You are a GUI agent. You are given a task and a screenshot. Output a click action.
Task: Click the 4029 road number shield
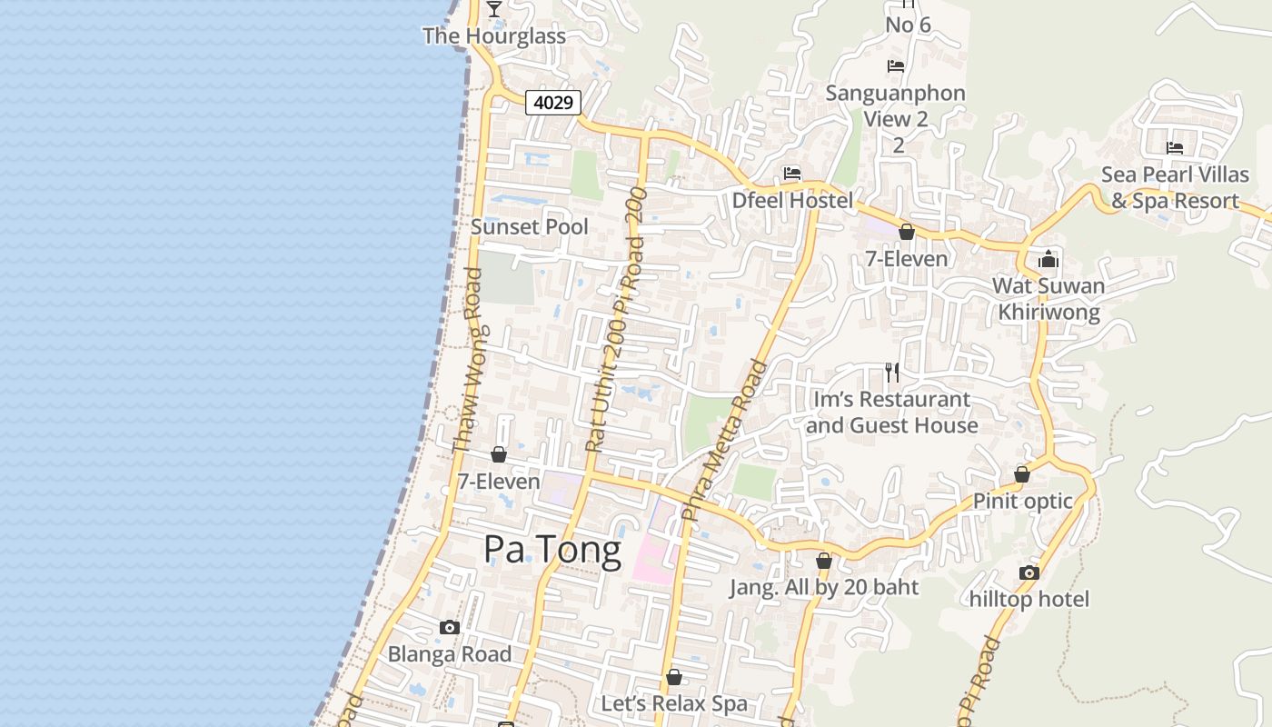(x=553, y=103)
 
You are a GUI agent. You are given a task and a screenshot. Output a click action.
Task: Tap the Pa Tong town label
(x=552, y=549)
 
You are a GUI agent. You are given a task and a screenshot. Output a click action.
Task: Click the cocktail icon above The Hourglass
(x=494, y=9)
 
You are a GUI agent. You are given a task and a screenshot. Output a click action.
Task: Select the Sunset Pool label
(x=530, y=227)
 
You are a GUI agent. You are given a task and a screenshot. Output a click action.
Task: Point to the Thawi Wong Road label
(x=467, y=361)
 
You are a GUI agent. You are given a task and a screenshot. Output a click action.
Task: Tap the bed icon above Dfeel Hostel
(x=792, y=174)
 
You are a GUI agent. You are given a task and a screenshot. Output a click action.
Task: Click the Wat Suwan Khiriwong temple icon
(x=1048, y=259)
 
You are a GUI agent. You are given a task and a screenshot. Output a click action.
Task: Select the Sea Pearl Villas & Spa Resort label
(x=1175, y=188)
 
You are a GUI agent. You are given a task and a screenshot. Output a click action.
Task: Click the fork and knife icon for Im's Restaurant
(x=892, y=372)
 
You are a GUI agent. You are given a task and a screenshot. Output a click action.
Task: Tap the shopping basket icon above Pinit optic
(x=1022, y=474)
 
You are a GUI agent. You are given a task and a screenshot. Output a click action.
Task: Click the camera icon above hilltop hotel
(x=1029, y=573)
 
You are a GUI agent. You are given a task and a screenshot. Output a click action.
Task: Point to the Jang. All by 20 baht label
(x=824, y=588)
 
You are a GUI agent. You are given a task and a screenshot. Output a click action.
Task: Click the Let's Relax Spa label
(x=674, y=703)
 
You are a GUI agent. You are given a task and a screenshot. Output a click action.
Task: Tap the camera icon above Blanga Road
(x=449, y=627)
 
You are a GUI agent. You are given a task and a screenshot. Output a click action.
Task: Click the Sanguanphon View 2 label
(x=895, y=106)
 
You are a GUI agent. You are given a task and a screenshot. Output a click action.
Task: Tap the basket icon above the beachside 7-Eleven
(x=499, y=454)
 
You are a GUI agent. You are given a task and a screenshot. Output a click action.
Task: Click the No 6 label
(x=908, y=25)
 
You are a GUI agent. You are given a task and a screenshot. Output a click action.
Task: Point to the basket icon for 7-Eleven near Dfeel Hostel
(x=906, y=232)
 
